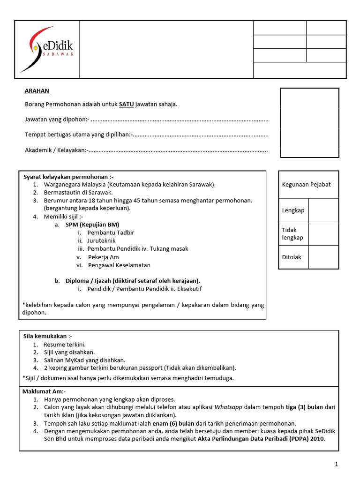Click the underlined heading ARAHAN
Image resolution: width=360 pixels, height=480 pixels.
click(x=37, y=91)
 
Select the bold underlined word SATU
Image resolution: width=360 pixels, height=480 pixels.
click(x=126, y=104)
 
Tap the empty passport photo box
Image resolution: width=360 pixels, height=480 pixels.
click(x=309, y=122)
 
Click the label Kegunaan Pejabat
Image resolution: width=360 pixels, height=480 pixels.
click(x=306, y=184)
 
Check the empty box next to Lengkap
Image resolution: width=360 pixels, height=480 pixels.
click(x=324, y=210)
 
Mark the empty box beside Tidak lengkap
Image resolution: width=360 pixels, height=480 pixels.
click(x=324, y=233)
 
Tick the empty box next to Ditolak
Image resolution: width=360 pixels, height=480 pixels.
click(x=324, y=257)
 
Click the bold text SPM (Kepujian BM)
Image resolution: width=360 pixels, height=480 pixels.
click(x=92, y=225)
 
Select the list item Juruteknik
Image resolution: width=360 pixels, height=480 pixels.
click(x=101, y=240)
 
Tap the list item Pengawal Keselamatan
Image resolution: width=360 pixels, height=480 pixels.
click(x=119, y=265)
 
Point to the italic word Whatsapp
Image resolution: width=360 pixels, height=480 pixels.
click(x=229, y=407)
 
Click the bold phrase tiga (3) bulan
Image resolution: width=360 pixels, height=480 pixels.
click(x=305, y=407)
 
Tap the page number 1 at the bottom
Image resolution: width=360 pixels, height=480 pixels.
click(x=337, y=464)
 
